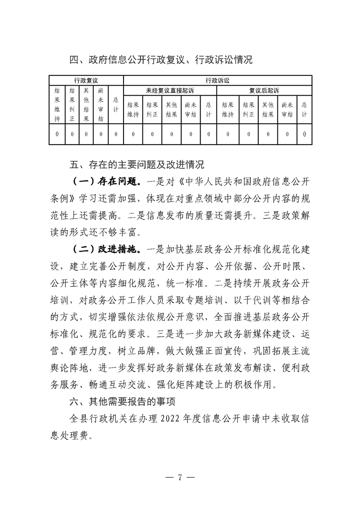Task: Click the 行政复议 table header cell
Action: click(x=86, y=80)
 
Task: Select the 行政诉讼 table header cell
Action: click(x=217, y=80)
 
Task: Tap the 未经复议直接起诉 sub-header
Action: click(x=170, y=90)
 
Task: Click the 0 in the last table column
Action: click(x=304, y=134)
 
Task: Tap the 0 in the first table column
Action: click(x=57, y=134)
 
